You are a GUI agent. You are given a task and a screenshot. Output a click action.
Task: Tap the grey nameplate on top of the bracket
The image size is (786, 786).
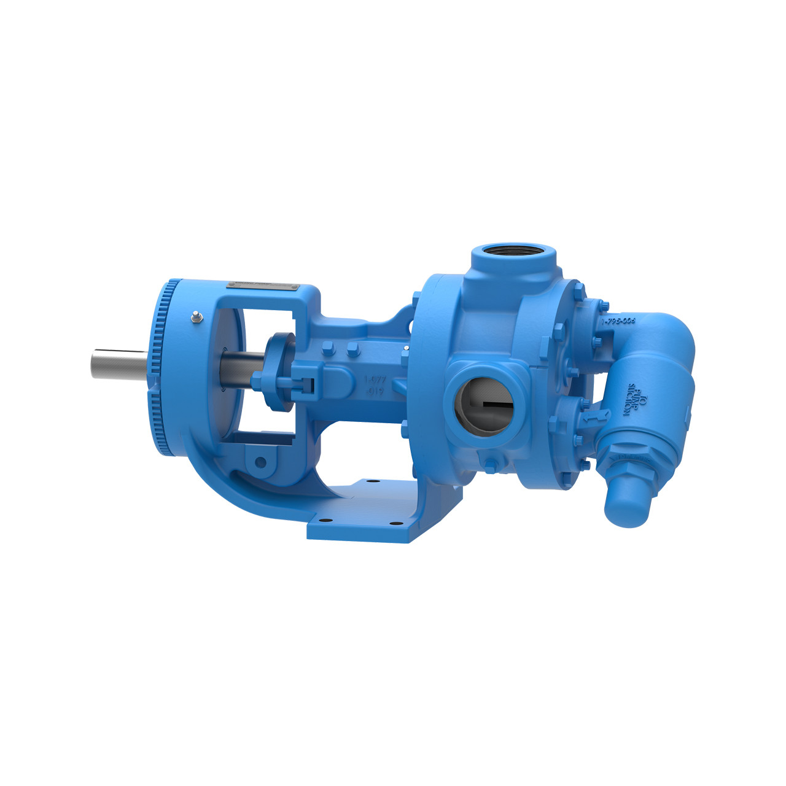(262, 286)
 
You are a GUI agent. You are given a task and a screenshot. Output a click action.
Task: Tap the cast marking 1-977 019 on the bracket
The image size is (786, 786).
(374, 386)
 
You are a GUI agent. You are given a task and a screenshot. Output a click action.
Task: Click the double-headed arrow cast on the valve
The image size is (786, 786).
(588, 418)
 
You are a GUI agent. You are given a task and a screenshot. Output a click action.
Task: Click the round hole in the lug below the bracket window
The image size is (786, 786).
(260, 462)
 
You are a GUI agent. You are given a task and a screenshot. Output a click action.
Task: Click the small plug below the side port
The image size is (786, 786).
(490, 464)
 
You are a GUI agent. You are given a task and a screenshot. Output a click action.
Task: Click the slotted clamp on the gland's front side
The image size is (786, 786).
(305, 384)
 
